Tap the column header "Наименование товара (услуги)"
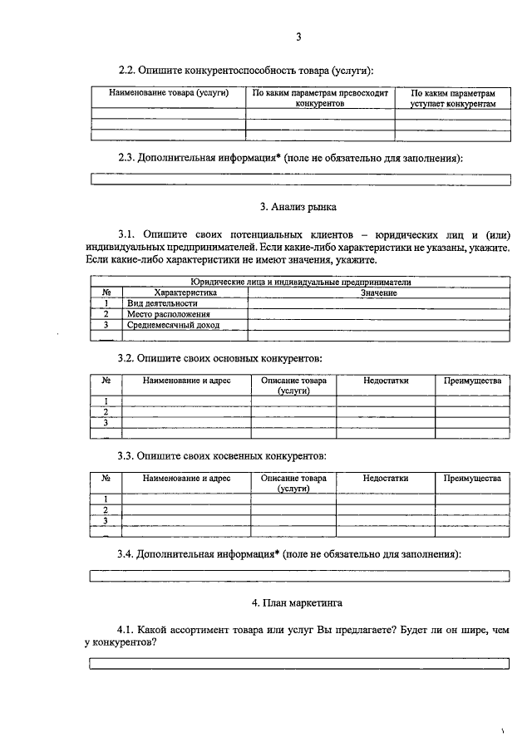pos(169,94)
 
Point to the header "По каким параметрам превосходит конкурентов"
pos(320,100)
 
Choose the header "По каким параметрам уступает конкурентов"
pos(453,100)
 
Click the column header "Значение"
pos(378,293)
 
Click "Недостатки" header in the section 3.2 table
pos(386,381)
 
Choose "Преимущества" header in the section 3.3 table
pos(472,479)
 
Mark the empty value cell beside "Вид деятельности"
pos(378,304)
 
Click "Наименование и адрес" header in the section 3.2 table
pos(186,381)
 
